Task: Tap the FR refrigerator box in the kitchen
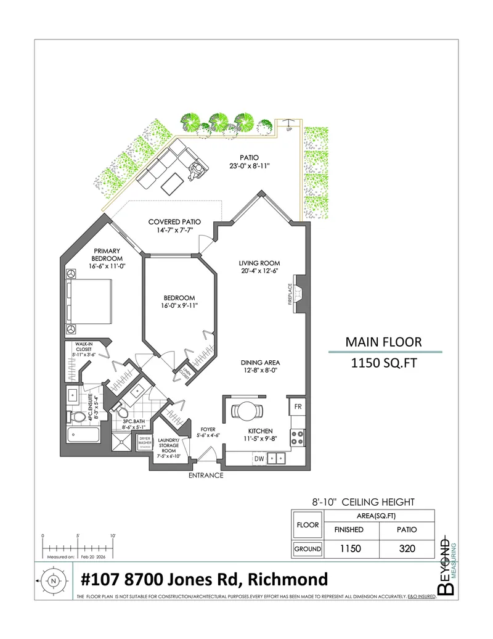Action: tap(297, 407)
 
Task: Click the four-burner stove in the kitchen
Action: tap(297, 437)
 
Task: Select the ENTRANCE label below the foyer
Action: tap(206, 476)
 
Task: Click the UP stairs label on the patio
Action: tap(288, 130)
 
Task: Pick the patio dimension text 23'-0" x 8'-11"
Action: tap(250, 166)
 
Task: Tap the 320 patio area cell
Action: tap(407, 548)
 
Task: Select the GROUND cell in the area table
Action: tap(308, 548)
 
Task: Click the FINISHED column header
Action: tap(349, 529)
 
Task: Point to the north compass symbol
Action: tap(54, 580)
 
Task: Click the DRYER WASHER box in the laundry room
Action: tap(145, 442)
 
